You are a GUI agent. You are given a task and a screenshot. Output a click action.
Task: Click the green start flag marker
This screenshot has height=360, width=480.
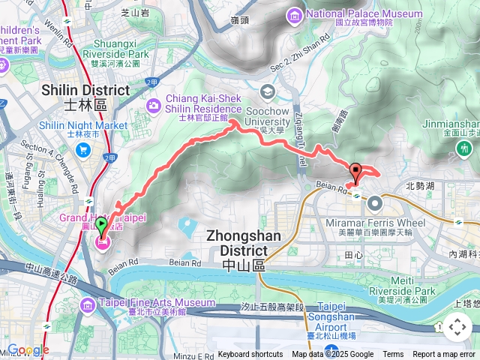coord(101,224)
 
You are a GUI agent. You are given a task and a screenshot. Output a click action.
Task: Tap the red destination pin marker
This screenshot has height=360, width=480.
coord(355,172)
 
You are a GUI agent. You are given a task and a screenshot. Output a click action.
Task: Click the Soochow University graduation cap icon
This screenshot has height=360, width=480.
coord(267,91)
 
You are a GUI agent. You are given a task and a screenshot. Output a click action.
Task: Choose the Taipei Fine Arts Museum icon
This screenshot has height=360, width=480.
coord(88,303)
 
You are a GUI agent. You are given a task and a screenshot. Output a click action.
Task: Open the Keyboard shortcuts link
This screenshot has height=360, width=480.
coord(250,355)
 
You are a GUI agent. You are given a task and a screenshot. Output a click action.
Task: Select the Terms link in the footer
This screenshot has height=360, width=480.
coord(393,355)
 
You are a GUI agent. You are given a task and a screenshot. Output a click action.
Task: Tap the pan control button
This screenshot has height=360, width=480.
coord(457,327)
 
